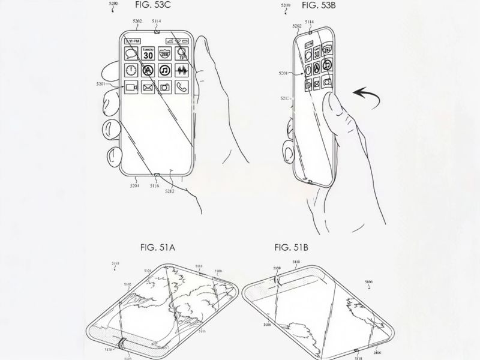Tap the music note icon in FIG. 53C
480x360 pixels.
point(164,70)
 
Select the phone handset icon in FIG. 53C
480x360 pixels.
point(181,88)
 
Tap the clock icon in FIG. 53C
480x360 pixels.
point(131,70)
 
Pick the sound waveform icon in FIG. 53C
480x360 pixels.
point(181,70)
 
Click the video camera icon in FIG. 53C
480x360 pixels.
point(131,88)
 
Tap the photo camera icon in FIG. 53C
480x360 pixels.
point(164,88)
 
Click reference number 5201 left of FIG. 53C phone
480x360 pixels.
point(101,84)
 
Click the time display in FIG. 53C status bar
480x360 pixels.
point(133,41)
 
